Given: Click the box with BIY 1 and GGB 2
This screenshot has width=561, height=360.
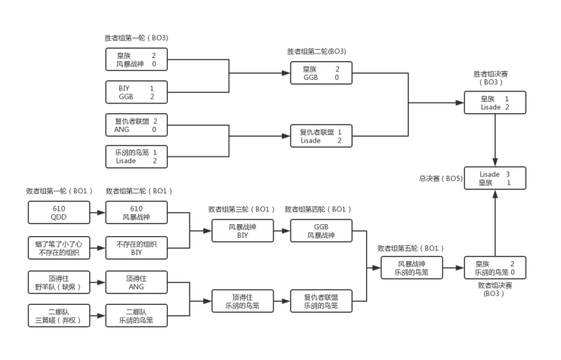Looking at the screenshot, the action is (137, 92).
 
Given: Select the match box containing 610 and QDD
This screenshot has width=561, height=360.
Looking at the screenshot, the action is (59, 213).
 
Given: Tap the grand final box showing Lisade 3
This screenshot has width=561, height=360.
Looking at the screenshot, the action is (495, 178).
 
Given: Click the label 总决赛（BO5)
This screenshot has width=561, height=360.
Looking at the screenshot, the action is (441, 178).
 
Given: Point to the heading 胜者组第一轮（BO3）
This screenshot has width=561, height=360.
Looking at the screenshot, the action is (137, 38).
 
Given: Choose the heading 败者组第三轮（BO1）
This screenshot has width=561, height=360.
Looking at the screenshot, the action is (242, 209).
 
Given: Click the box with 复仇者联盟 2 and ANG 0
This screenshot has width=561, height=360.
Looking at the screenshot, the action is (137, 125).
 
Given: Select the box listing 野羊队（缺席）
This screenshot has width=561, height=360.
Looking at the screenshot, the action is (59, 282).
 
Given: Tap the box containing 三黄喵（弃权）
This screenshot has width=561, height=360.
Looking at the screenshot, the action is (59, 315).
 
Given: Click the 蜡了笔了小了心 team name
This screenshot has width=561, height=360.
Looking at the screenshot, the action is (59, 245).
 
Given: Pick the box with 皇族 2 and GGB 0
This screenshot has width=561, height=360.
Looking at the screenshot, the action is (322, 73).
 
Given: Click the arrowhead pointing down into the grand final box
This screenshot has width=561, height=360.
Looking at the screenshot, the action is (495, 163).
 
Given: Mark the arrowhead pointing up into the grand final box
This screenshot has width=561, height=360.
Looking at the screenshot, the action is (495, 194).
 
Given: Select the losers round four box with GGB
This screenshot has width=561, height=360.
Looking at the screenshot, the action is (322, 231).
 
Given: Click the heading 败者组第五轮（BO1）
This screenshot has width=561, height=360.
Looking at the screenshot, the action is (411, 248).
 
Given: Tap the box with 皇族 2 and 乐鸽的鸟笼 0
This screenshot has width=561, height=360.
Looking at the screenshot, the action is (495, 268).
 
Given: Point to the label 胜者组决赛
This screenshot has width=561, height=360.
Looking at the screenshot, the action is (491, 74).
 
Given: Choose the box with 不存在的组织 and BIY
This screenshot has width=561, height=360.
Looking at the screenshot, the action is (137, 248).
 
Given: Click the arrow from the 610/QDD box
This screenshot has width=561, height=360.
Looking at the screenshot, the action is (97, 213).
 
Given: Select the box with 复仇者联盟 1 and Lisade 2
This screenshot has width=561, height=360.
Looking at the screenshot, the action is (322, 136).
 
